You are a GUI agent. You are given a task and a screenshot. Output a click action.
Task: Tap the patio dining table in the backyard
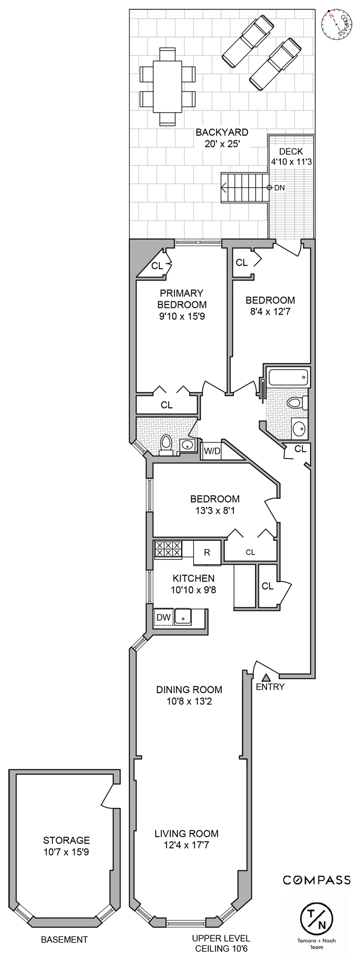click(x=168, y=86)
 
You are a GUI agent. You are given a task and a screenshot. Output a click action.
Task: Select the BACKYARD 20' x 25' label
click(x=222, y=138)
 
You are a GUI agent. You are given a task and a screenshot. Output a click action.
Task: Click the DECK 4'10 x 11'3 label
click(x=291, y=156)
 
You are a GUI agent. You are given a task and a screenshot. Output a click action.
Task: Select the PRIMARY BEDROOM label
click(x=182, y=304)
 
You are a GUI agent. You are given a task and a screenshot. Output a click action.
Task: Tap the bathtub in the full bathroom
click(x=288, y=378)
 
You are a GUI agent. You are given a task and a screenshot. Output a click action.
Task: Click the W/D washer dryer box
click(x=212, y=451)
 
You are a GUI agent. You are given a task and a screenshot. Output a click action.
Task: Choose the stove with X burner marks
click(x=168, y=549)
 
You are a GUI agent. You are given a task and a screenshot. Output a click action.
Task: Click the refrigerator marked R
click(x=207, y=553)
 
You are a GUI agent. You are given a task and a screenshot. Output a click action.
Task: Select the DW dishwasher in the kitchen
click(x=164, y=617)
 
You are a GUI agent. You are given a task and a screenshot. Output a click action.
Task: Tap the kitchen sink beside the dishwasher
click(x=183, y=616)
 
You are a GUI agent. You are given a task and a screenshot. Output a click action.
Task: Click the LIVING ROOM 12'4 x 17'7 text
click(x=186, y=839)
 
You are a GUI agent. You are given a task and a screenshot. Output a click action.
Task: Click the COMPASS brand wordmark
click(x=317, y=880)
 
